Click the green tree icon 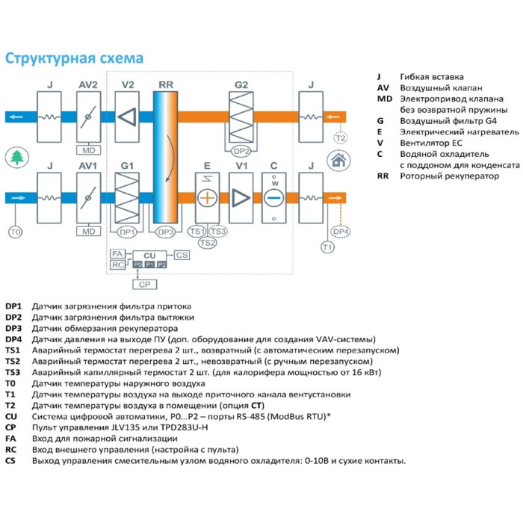pos(15,158)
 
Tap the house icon pos(338,159)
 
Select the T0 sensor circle pos(15,232)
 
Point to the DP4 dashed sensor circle pos(341,232)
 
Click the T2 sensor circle pos(340,138)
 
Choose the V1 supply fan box pos(241,197)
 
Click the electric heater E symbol pos(205,197)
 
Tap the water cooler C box pos(274,197)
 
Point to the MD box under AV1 pos(89,232)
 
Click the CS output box pos(182,256)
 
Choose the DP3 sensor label pos(165,232)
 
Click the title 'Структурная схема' pos(75,58)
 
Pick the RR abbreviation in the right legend pos(383,176)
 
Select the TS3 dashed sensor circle pos(219,231)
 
